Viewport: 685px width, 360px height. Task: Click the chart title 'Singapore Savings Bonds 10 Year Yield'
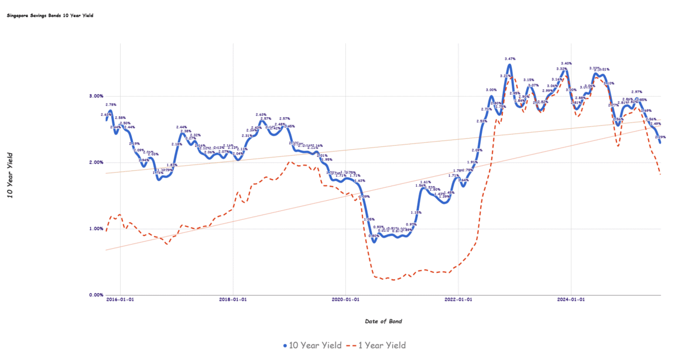[50, 16]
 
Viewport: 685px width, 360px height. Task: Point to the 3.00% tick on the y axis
[95, 95]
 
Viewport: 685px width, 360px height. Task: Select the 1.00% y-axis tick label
[95, 228]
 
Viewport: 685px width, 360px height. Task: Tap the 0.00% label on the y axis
[95, 295]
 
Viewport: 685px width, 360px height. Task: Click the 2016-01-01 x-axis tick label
[121, 299]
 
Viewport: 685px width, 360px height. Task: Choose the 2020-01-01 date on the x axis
[345, 299]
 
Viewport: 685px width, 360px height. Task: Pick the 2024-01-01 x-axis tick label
[571, 299]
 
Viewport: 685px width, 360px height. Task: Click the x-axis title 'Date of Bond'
[383, 321]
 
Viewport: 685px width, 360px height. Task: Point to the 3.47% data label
[510, 59]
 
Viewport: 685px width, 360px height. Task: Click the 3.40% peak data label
[566, 63]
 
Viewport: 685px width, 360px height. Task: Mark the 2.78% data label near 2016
[111, 105]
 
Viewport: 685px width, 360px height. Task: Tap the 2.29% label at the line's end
[660, 137]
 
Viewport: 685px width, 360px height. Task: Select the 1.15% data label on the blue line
[416, 212]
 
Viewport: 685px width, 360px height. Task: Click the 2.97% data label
[637, 92]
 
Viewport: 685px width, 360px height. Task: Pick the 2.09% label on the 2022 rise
[477, 150]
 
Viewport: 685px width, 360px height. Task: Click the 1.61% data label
[425, 182]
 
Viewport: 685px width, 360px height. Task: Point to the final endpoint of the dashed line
[660, 174]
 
